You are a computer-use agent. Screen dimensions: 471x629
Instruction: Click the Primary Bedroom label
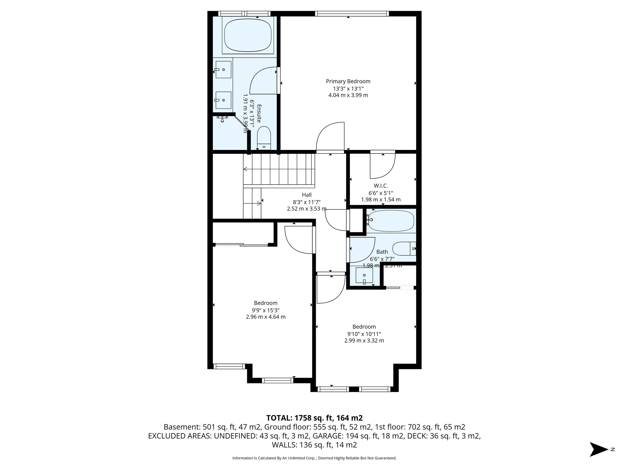(348, 81)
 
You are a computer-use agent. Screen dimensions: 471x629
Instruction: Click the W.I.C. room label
(381, 186)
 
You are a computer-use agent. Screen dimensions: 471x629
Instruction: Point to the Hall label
(307, 195)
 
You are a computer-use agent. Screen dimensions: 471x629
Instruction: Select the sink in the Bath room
(364, 275)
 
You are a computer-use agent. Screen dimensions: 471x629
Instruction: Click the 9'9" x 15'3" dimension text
(265, 310)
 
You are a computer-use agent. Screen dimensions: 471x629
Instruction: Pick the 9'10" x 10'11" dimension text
(364, 334)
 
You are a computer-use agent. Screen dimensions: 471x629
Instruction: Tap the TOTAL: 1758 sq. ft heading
(314, 418)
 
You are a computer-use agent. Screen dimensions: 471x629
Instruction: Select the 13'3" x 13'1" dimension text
(348, 88)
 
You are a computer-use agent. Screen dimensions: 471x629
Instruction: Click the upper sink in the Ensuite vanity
(223, 70)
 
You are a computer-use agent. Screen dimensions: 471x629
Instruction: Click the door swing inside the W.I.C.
(383, 166)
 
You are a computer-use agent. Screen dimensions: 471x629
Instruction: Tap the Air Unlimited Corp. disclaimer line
(314, 458)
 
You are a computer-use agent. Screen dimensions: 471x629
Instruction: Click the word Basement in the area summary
(182, 427)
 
